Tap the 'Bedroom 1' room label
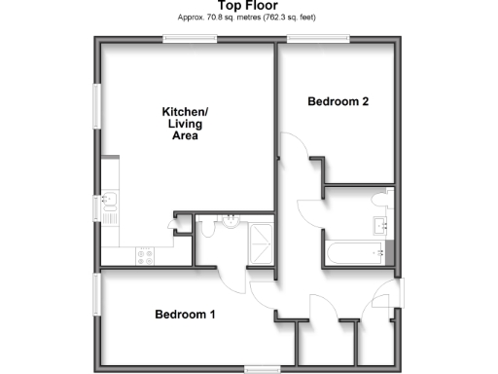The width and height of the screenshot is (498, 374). tap(185, 315)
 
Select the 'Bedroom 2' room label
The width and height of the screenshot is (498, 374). tap(338, 101)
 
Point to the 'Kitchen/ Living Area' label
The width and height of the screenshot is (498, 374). tap(185, 125)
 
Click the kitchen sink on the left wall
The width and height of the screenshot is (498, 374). tap(108, 205)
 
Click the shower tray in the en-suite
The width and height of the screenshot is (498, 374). tap(260, 244)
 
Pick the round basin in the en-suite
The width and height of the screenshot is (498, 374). tap(231, 221)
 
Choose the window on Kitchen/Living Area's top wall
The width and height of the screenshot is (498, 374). tap(190, 38)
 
